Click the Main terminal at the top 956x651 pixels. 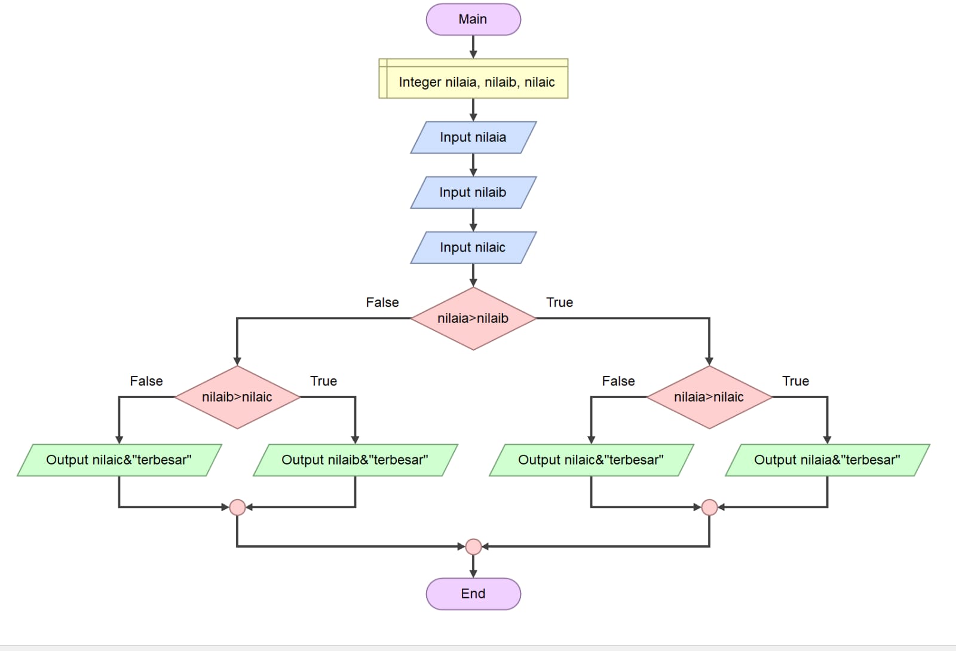point(473,19)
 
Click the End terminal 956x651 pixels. point(473,594)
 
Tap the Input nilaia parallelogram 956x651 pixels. point(473,137)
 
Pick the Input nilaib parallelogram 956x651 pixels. point(473,192)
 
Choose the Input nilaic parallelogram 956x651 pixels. point(473,247)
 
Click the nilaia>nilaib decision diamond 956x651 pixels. point(473,318)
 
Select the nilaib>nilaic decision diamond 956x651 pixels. point(237,397)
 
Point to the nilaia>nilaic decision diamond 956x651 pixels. point(709,397)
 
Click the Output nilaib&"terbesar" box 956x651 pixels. point(355,460)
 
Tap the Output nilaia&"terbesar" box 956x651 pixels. point(827,460)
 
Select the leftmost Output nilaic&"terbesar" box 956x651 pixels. point(119,460)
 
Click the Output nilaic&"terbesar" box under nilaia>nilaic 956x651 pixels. point(591,460)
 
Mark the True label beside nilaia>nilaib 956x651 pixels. point(559,302)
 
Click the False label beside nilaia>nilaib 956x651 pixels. point(382,302)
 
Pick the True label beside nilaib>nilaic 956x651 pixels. point(323,381)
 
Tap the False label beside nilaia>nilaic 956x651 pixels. point(618,381)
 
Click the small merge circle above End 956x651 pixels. point(473,546)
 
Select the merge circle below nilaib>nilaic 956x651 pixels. point(237,508)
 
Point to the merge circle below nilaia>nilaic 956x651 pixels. point(709,508)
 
